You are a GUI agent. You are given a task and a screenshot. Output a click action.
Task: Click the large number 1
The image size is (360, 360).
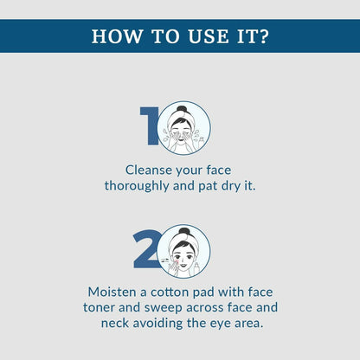click(150, 125)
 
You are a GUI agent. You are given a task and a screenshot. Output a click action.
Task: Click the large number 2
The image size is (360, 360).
click(146, 249)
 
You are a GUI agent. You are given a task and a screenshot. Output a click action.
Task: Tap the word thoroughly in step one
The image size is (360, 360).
click(137, 186)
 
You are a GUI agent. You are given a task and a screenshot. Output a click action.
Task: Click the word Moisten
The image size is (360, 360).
click(112, 292)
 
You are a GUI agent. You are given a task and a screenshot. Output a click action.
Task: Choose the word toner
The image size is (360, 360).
click(99, 307)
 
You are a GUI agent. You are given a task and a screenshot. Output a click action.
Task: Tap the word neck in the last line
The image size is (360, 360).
click(115, 323)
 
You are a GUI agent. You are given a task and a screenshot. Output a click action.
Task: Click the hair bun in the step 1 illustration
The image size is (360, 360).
click(183, 109)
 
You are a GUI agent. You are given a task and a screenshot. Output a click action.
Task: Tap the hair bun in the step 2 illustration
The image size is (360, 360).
click(184, 231)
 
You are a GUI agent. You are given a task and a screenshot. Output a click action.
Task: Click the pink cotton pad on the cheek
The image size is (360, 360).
click(176, 261)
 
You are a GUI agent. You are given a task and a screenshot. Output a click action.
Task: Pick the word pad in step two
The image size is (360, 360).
click(203, 292)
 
